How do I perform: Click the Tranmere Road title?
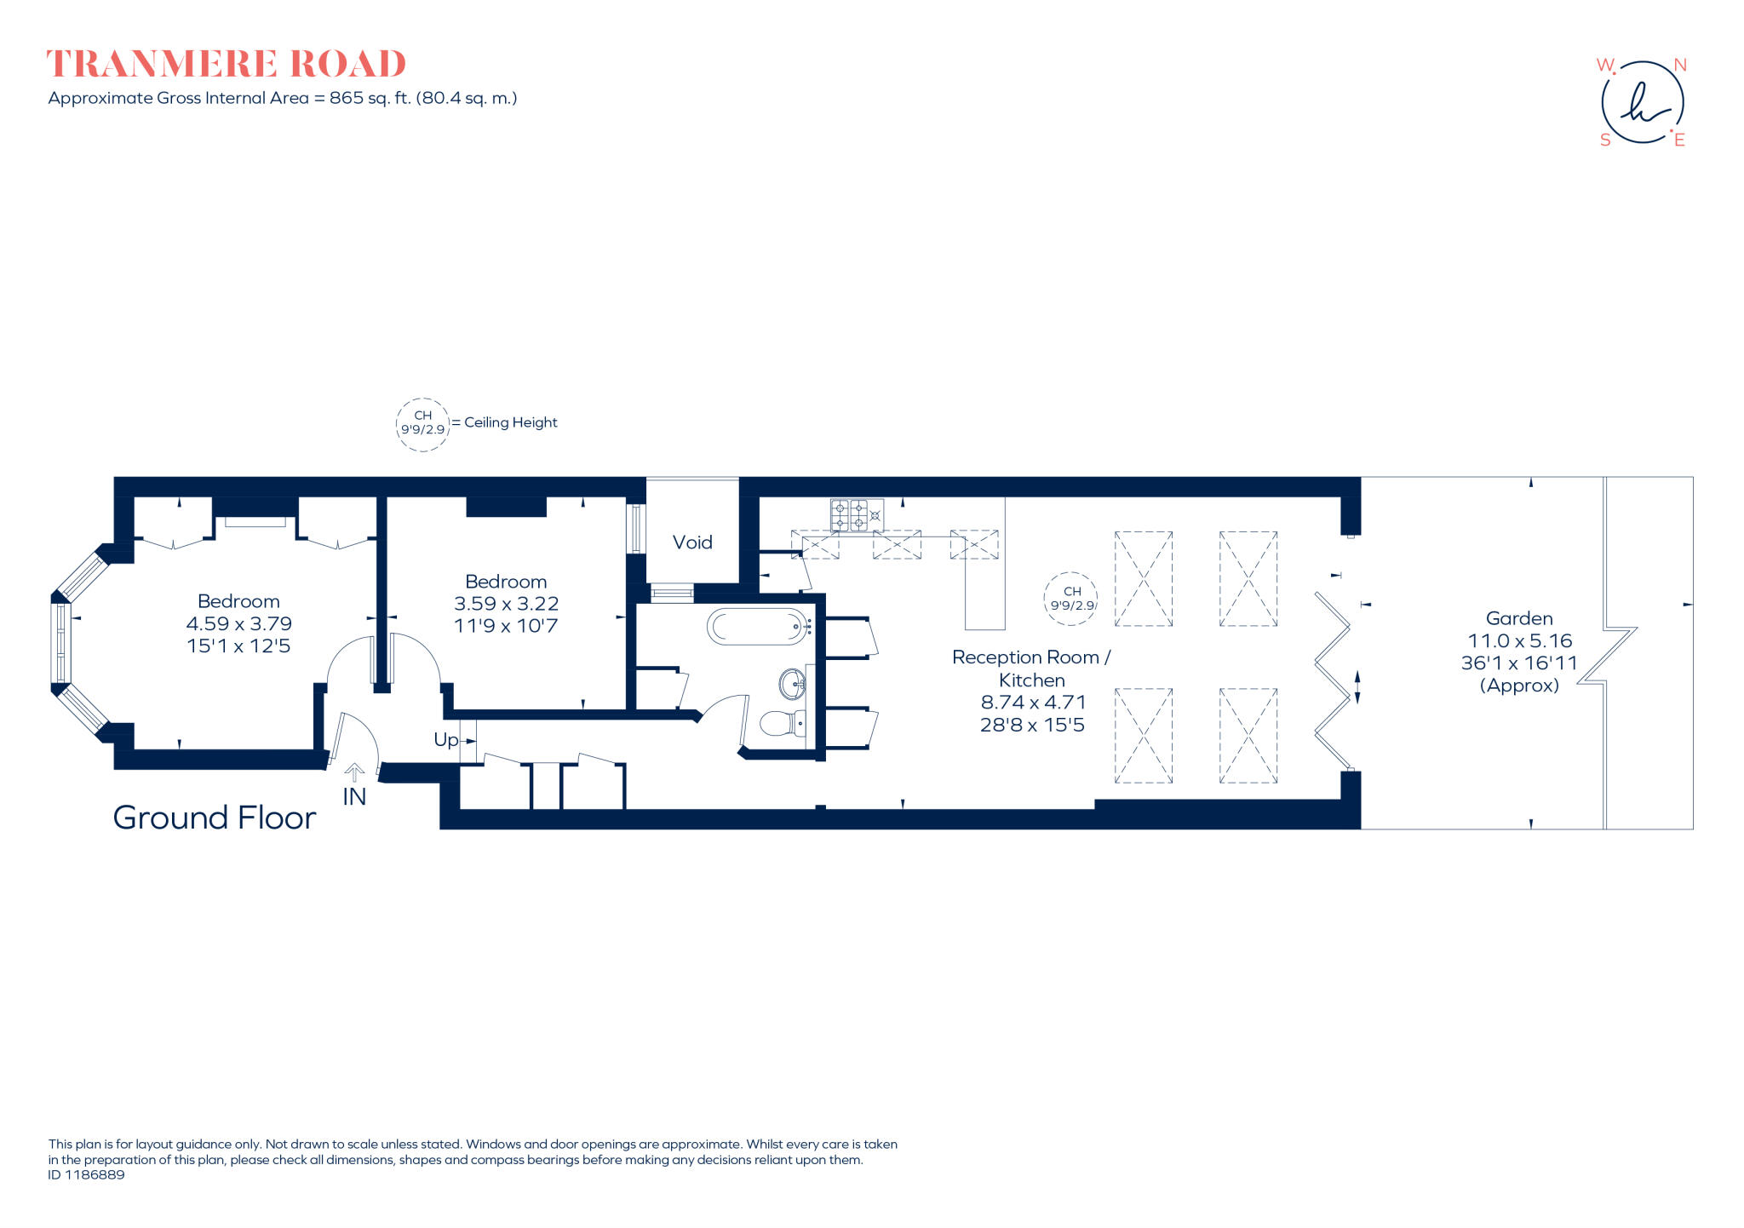pos(226,64)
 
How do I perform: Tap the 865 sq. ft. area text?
pos(370,98)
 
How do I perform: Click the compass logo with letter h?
pos(1642,102)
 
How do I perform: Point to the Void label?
pos(692,542)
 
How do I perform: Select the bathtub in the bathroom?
pos(757,628)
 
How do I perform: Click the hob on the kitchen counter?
pos(857,514)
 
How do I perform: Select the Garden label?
pos(1518,618)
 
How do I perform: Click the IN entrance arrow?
pos(354,773)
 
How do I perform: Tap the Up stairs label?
pos(446,740)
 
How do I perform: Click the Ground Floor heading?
pos(215,818)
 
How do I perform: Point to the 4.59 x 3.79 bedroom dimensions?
pos(239,624)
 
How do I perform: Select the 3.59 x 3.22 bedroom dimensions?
pos(506,604)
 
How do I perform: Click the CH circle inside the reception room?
pos(1071,598)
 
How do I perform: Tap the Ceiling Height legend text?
pos(510,422)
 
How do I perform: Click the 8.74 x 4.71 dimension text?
pos(1033,703)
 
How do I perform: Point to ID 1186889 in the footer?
pos(86,1175)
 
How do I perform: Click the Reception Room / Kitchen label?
pos(1031,669)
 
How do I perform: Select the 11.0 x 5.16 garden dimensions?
pos(1519,640)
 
